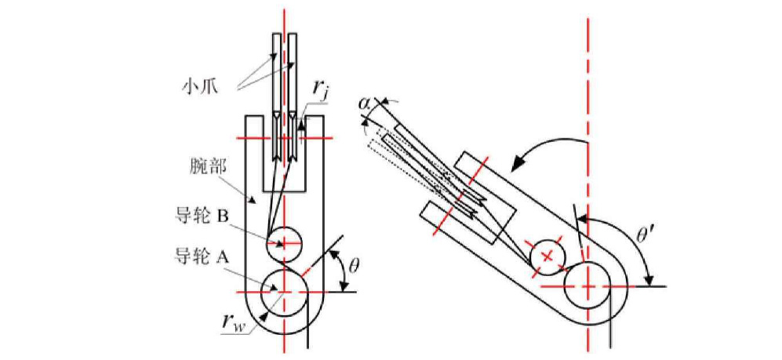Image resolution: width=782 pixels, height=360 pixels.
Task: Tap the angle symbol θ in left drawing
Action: tap(354, 265)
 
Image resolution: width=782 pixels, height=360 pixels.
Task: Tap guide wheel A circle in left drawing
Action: tap(283, 290)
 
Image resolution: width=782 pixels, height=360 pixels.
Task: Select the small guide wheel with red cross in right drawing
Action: tap(547, 256)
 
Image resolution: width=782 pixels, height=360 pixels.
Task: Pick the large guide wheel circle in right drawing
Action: tap(587, 287)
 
